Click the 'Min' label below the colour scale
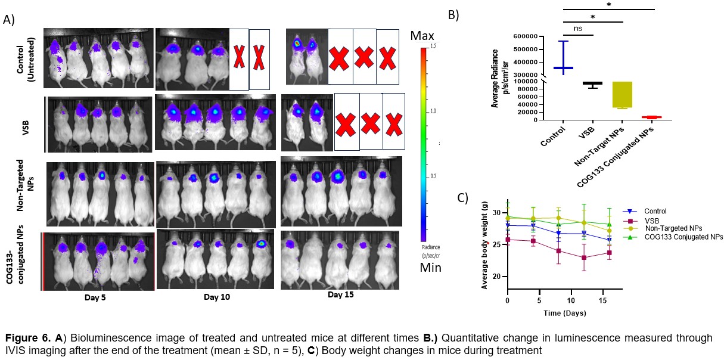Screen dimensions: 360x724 [x=425, y=268]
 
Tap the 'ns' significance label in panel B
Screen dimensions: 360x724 [x=578, y=27]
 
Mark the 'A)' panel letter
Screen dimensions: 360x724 [x=9, y=20]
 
